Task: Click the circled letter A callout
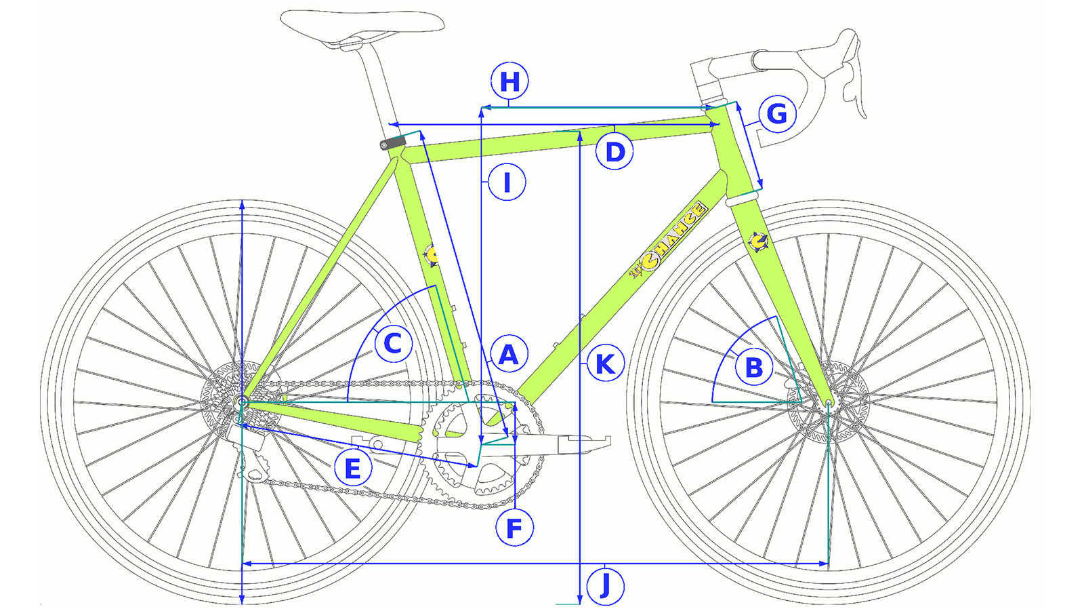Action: [x=508, y=354]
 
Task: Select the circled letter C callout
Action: [x=393, y=343]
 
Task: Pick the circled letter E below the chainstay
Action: [x=353, y=468]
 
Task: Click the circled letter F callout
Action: [x=514, y=528]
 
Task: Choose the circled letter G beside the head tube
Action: [x=777, y=113]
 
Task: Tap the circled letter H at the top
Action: [x=509, y=81]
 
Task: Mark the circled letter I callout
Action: [x=507, y=182]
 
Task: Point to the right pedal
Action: [x=584, y=444]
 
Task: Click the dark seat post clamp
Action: [x=393, y=143]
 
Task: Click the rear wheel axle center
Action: [x=243, y=403]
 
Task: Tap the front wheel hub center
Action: [x=828, y=403]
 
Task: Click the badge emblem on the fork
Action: [x=757, y=241]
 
